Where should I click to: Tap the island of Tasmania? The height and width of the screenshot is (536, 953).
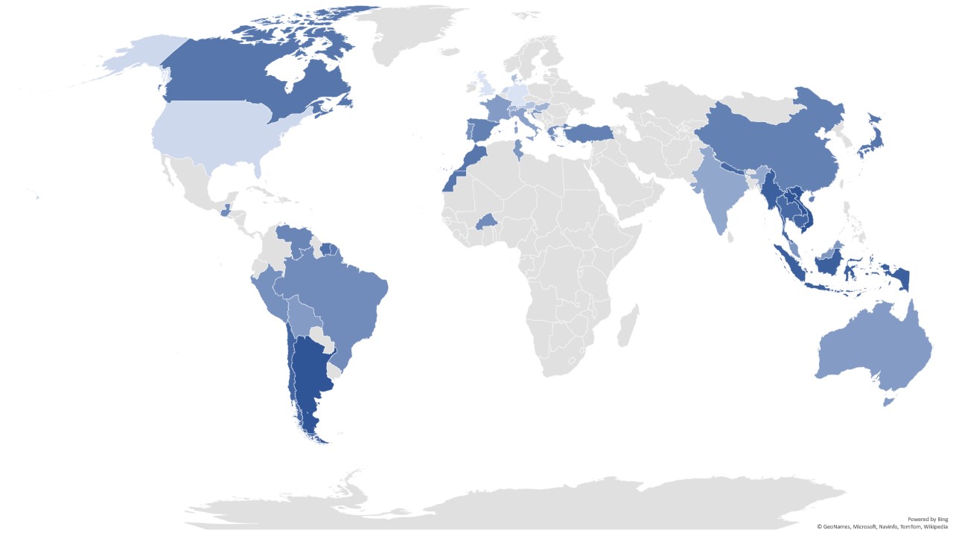point(887,402)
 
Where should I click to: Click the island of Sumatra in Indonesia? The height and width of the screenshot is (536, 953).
point(789,261)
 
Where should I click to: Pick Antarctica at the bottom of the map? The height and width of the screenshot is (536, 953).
point(521,506)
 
